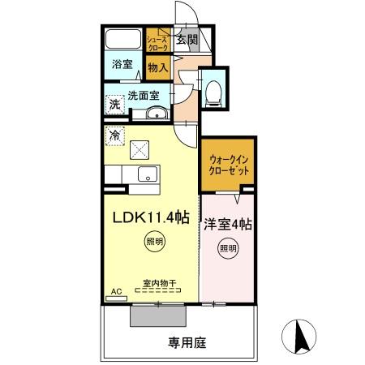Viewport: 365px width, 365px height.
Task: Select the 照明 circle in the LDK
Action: coord(153,242)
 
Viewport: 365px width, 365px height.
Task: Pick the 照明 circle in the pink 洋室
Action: coord(228,248)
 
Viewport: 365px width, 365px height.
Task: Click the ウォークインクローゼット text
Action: coord(228,167)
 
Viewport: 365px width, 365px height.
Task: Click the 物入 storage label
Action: coord(157,69)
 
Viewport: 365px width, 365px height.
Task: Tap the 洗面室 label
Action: coord(143,96)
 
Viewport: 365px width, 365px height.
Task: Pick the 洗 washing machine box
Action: coord(115,104)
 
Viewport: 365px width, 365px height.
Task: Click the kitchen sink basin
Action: coord(148,174)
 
